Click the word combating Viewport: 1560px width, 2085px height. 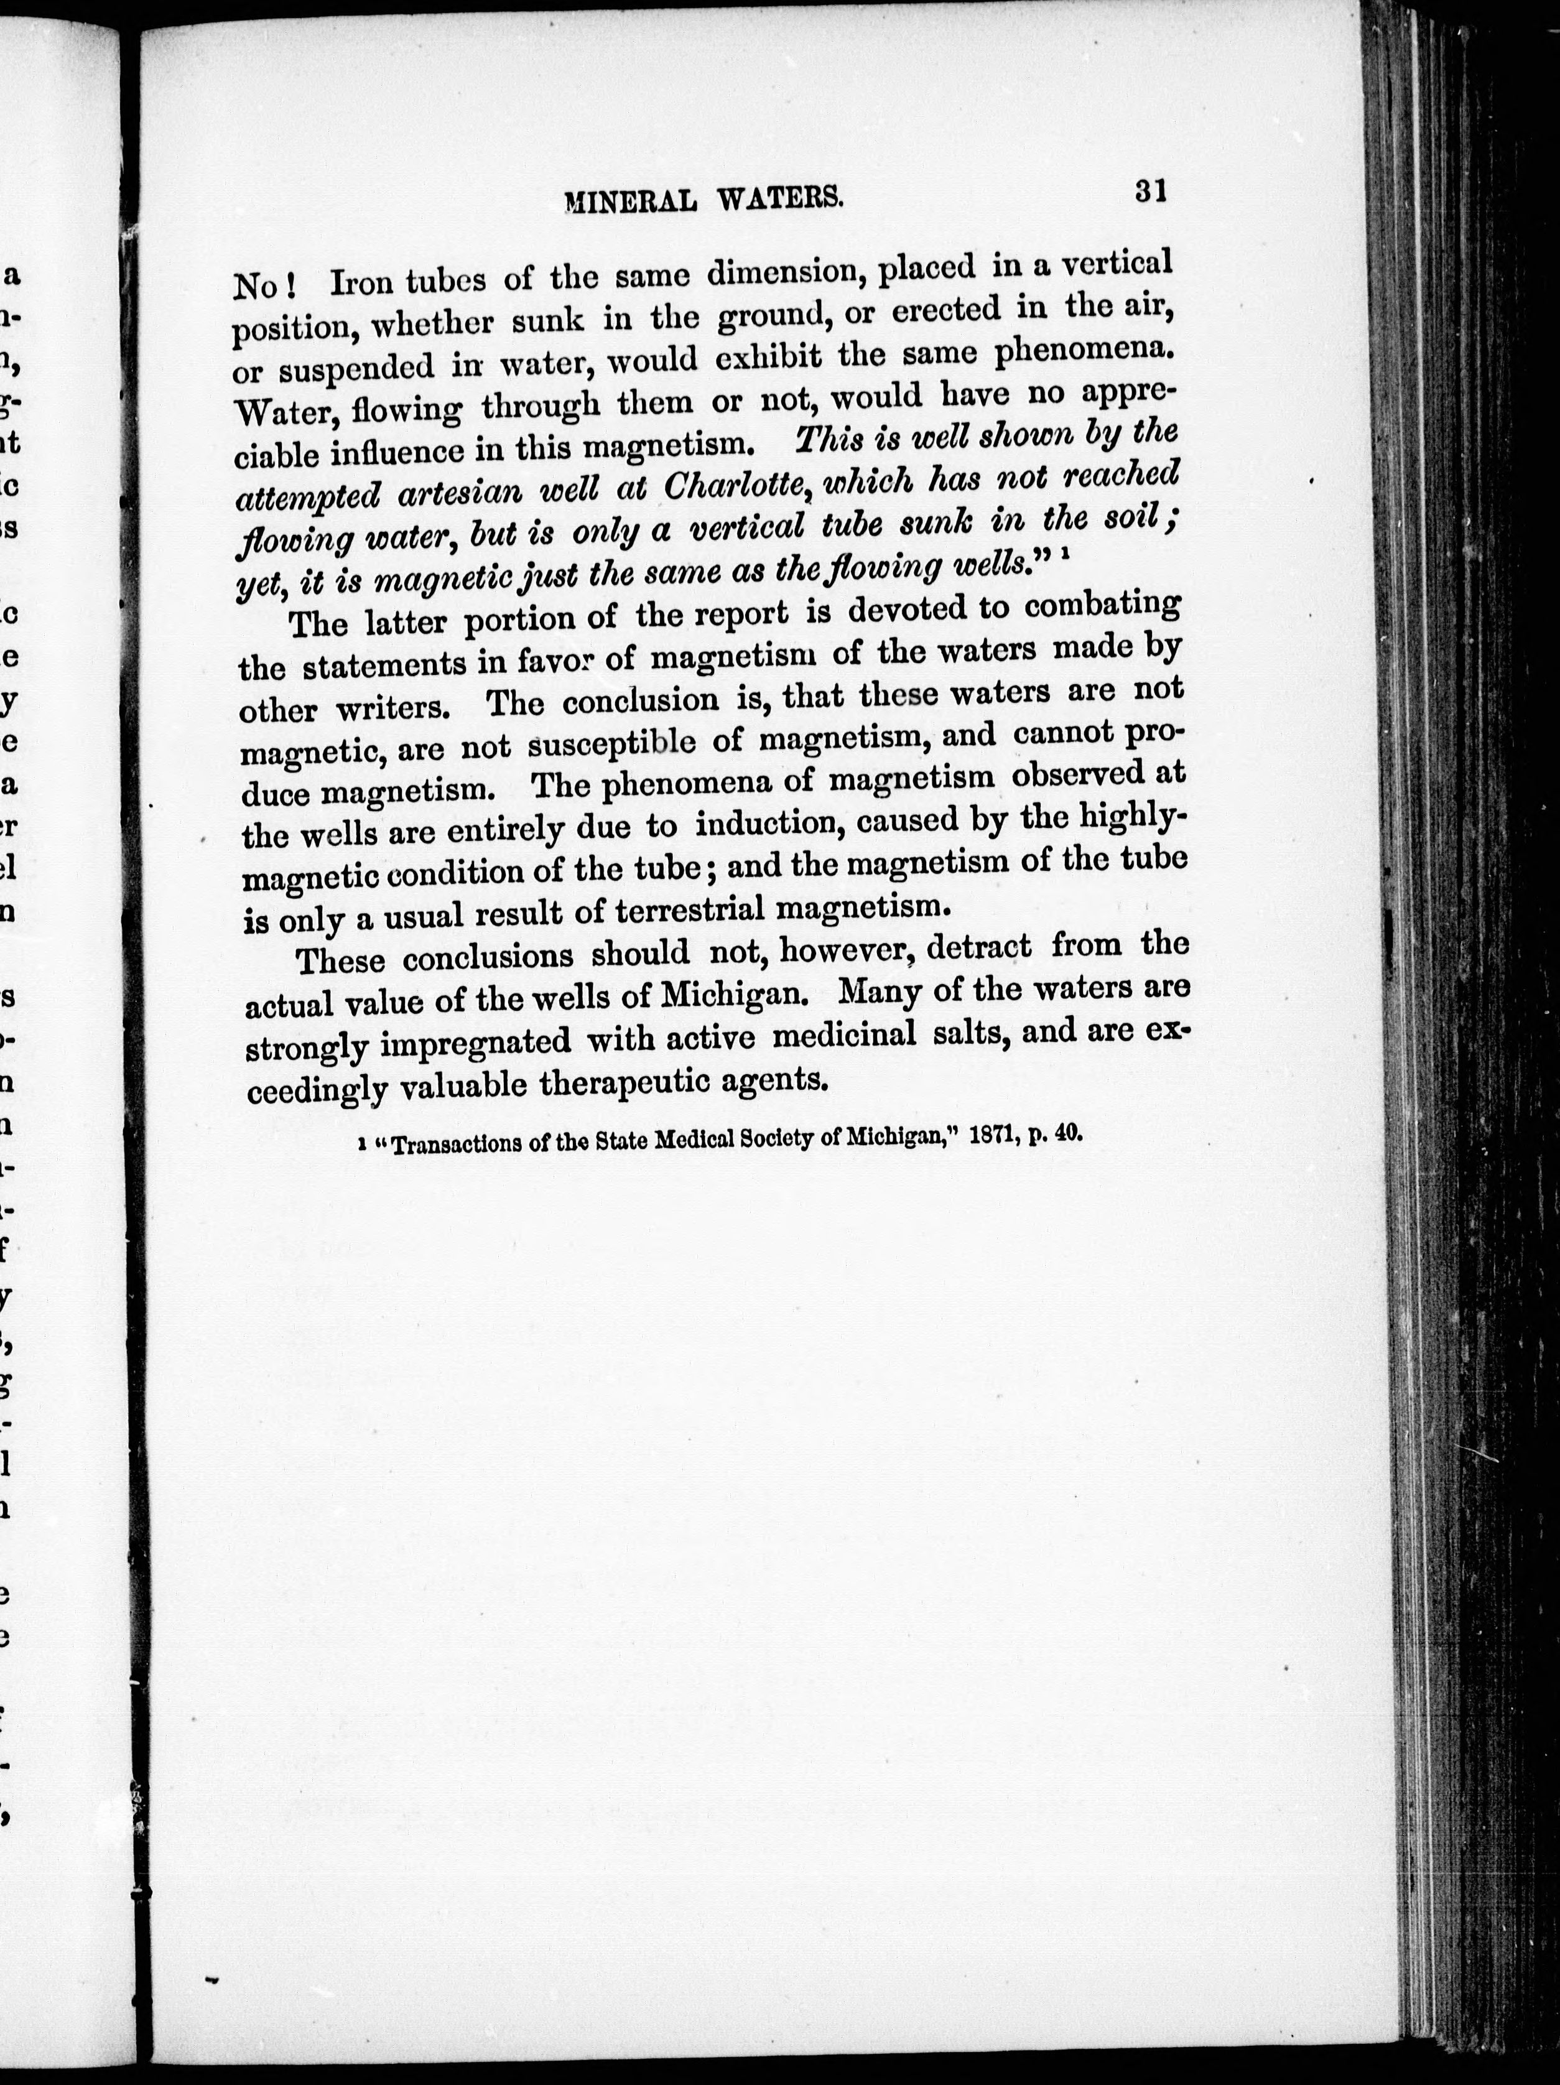pyautogui.click(x=1102, y=604)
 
